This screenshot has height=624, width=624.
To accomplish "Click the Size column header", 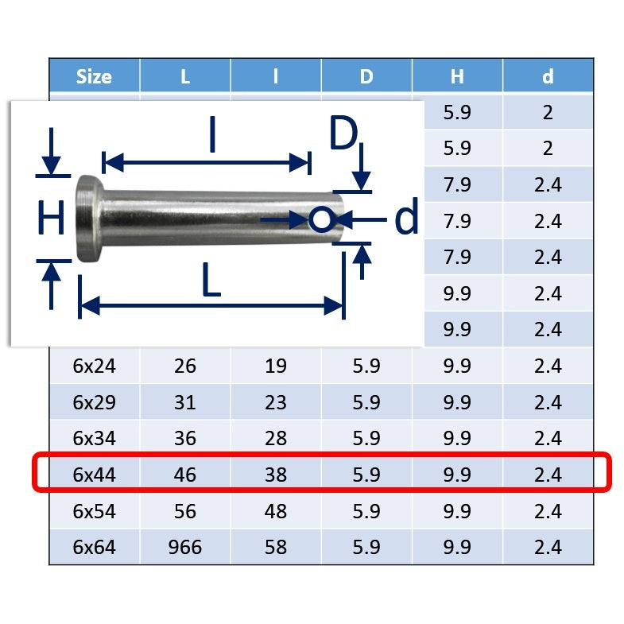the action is click(94, 76).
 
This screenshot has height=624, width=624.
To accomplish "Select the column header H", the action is click(457, 76).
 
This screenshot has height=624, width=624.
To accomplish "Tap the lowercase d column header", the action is click(548, 76).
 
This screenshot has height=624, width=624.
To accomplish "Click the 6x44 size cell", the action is click(95, 475).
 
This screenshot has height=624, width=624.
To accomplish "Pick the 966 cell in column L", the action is click(185, 547).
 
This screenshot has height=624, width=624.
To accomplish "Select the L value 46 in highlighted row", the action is click(185, 475).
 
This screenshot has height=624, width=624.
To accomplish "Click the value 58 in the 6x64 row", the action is click(276, 547).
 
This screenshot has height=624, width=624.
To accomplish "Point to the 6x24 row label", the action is click(95, 366).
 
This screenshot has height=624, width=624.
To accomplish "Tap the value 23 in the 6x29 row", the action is click(276, 402).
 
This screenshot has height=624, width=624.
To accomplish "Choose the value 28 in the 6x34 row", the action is click(276, 438).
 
